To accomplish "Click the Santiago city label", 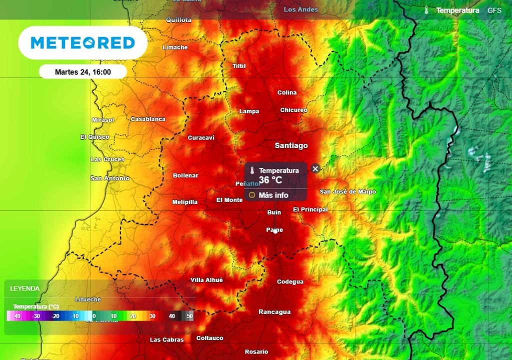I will coord(291,145).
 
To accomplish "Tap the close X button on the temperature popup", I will coord(315,168).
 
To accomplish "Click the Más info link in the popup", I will coord(273,195).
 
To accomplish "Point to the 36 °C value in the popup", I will coord(270,179).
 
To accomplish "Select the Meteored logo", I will coord(83,43).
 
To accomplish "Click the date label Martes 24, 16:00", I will coord(83,72).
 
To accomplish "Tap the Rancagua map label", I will coord(274,312).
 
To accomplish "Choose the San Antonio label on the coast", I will coord(109,178).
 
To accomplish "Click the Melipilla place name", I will coord(184,202).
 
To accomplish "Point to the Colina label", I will coord(287,92).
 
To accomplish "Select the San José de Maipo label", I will coord(347,191).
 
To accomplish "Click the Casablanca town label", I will coord(147,119).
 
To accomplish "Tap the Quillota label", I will coord(178,20).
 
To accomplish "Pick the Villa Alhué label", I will coord(206,280).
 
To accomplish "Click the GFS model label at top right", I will coord(494,10).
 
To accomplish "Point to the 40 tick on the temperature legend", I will coord(172,316).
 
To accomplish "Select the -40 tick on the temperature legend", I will coord(17,316).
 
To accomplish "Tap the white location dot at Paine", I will coord(275,231).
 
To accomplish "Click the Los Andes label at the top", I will coord(300,9).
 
